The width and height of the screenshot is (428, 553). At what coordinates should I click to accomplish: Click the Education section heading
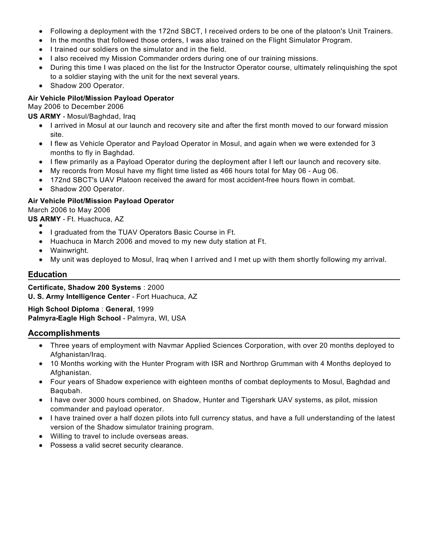pyautogui.click(x=47, y=274)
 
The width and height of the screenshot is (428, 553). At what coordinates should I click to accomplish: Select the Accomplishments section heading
pyautogui.click(x=64, y=333)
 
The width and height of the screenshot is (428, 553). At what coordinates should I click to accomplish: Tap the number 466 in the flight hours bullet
pyautogui.click(x=226, y=171)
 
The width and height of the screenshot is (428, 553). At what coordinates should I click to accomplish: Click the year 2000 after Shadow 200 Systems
pyautogui.click(x=156, y=287)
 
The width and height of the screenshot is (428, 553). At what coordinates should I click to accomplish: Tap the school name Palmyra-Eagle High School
pyautogui.click(x=74, y=318)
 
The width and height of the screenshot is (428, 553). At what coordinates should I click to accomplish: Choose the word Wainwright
pyautogui.click(x=69, y=250)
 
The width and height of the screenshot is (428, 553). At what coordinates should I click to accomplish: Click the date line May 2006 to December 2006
pyautogui.click(x=76, y=107)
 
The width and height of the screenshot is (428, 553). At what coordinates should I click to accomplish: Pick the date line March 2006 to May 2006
pyautogui.click(x=69, y=210)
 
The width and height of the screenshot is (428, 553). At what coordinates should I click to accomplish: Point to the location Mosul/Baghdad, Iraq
pyautogui.click(x=101, y=116)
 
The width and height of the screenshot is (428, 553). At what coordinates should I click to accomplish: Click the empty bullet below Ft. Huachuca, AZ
pyautogui.click(x=41, y=225)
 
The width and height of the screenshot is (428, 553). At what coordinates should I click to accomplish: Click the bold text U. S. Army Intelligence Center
pyautogui.click(x=79, y=297)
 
